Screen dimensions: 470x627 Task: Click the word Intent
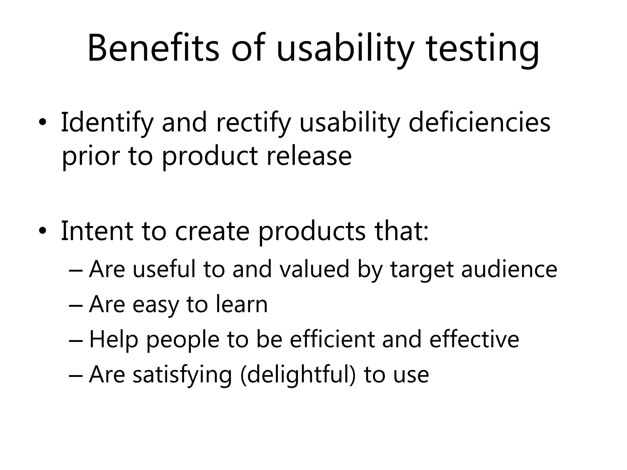[97, 231]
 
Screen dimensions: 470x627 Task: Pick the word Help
[114, 340]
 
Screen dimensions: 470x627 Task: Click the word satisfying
[182, 375]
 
